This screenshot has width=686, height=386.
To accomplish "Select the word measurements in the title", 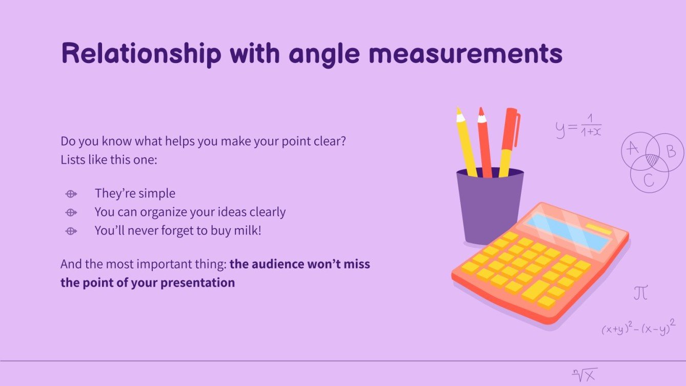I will (x=466, y=53).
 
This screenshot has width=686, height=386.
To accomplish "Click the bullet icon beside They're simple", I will (x=71, y=194).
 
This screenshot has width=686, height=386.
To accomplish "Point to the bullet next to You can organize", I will (x=71, y=212).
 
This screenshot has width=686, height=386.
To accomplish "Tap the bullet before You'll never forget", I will (x=71, y=231).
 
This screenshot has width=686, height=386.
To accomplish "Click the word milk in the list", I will (x=247, y=230).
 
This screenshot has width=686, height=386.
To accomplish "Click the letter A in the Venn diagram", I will (x=633, y=148).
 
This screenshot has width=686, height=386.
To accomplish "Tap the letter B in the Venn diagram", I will (x=671, y=151).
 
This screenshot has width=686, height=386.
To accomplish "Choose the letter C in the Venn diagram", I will (x=649, y=180).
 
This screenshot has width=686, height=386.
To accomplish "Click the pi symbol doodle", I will (x=640, y=293).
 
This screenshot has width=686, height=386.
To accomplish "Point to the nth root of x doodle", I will (x=585, y=375).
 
